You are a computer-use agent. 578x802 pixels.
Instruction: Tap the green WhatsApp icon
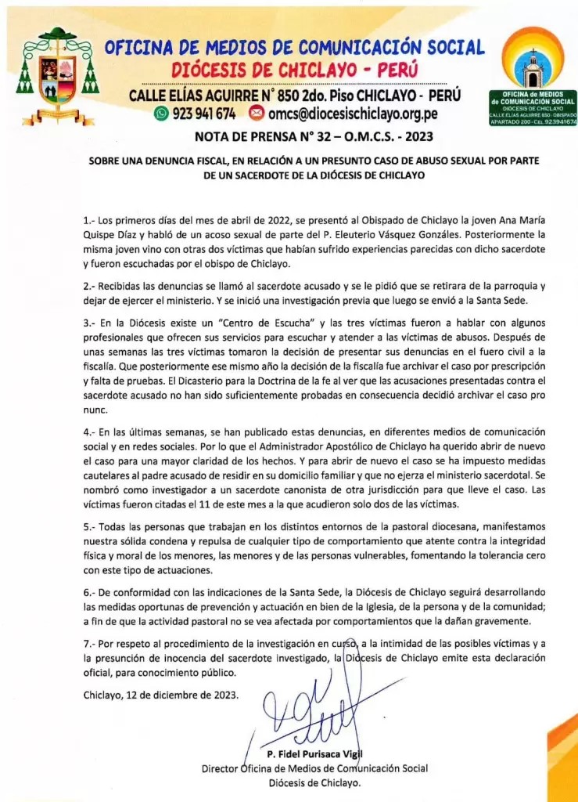161,114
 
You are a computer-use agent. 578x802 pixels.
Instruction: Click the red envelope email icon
256,114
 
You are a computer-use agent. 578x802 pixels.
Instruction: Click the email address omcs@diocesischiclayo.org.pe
352,114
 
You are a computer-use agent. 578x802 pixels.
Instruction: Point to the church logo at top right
533,74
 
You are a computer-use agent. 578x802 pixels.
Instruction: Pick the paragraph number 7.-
90,644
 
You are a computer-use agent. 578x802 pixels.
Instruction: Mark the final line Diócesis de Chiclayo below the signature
314,783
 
